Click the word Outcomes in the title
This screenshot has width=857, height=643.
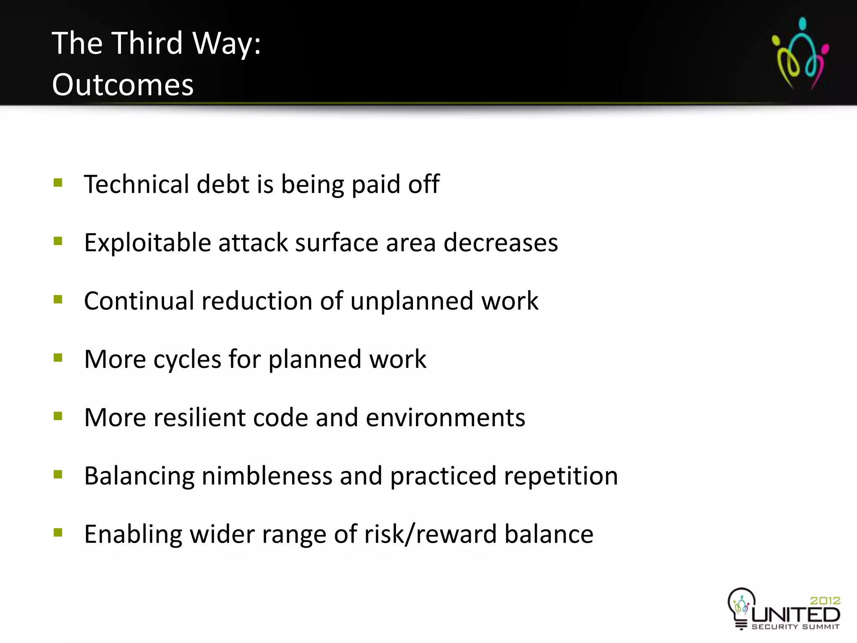point(123,85)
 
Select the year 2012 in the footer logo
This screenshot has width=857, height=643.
point(825,601)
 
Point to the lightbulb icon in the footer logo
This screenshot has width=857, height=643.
point(741,607)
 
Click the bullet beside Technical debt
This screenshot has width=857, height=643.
point(58,183)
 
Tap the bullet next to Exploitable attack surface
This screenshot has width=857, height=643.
point(58,242)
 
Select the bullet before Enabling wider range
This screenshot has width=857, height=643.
point(58,533)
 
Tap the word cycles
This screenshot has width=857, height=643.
point(187,360)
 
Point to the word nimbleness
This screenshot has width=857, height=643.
point(267,476)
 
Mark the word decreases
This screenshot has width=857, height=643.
point(500,243)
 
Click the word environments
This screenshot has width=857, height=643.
point(445,418)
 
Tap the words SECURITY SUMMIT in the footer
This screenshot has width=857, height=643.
point(795,627)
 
